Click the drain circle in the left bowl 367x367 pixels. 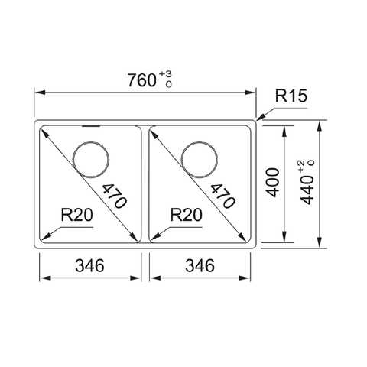(x=91, y=158)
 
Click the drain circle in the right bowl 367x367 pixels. (x=200, y=158)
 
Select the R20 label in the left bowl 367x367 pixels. (x=76, y=215)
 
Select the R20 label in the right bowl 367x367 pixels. (x=186, y=215)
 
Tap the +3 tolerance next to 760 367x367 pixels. (x=164, y=73)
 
